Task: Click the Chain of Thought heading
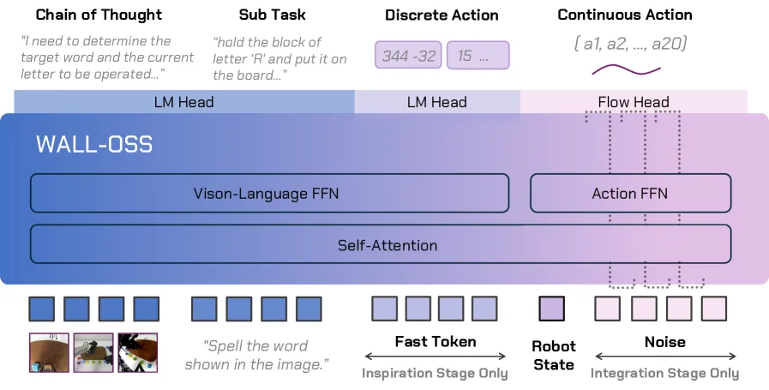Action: [99, 15]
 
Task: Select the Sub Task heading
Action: [272, 15]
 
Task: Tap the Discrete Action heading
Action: [442, 15]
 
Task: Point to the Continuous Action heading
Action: [625, 15]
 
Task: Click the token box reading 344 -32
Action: [408, 55]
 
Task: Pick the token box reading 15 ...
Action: [478, 55]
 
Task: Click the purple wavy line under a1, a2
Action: [627, 70]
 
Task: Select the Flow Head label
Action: [634, 102]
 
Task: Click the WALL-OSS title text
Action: [94, 144]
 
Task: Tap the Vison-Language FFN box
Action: [269, 193]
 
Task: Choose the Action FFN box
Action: [630, 193]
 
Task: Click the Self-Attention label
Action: [388, 245]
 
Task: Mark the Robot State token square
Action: [552, 309]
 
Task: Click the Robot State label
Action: [554, 356]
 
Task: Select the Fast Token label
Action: [436, 341]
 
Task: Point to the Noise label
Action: [665, 341]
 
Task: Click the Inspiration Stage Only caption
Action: [435, 374]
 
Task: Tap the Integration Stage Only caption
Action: [664, 374]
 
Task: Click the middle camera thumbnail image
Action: [93, 353]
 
